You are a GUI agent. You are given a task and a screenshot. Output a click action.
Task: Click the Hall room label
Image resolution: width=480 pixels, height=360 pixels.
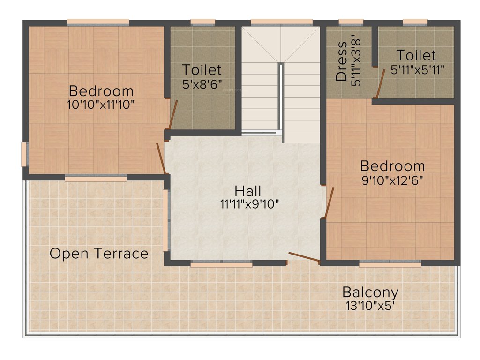click(248, 191)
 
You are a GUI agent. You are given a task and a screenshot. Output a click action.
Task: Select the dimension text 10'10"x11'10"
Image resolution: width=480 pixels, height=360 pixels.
click(101, 104)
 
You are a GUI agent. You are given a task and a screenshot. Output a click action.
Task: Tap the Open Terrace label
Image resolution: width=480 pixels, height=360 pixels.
click(99, 254)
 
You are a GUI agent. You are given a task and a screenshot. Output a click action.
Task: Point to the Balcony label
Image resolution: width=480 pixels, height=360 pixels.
click(370, 292)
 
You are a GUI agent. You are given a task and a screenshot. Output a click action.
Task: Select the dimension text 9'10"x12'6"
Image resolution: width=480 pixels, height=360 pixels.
click(392, 180)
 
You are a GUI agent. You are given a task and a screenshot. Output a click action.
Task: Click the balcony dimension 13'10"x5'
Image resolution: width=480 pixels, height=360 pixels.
click(370, 306)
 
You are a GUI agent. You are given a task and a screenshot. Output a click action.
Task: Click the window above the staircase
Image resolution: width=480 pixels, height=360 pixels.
click(281, 22)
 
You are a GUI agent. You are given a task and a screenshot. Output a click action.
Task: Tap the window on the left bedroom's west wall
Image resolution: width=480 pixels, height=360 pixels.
click(24, 154)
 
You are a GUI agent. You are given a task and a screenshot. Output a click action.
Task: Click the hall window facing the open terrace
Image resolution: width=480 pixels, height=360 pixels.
click(165, 220)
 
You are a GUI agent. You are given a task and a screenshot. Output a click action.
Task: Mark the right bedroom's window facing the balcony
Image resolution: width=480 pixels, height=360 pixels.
click(390, 264)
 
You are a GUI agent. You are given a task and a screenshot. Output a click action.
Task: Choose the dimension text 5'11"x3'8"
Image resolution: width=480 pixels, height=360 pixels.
click(356, 70)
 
